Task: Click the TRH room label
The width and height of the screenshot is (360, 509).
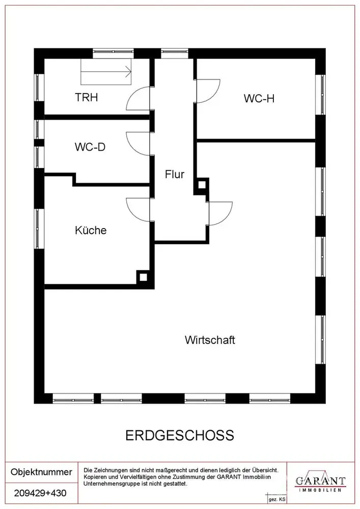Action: tap(87, 97)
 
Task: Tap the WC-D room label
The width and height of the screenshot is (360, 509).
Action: tap(90, 147)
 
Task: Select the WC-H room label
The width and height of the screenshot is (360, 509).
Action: tap(259, 98)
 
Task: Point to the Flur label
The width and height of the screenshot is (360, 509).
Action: tap(174, 174)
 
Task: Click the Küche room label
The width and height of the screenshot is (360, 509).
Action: tap(91, 230)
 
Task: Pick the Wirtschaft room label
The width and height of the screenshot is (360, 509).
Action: tap(210, 340)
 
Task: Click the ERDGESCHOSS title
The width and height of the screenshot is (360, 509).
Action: tap(179, 435)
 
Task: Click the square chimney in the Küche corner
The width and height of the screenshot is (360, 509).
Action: tap(143, 277)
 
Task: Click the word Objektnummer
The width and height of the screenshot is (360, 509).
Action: tap(41, 472)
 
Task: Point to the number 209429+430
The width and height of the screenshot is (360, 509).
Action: tap(41, 493)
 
